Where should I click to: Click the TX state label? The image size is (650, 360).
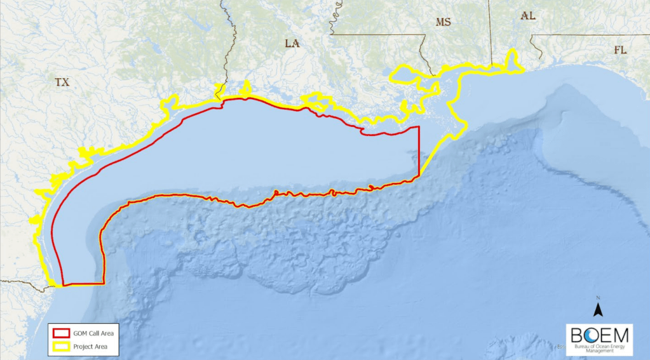tap(62, 83)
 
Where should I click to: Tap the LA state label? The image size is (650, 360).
tap(292, 44)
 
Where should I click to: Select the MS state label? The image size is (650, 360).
tap(443, 22)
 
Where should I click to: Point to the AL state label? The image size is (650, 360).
tap(527, 16)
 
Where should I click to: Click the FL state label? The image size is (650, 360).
tap(620, 50)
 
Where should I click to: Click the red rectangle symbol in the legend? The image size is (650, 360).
tap(61, 333)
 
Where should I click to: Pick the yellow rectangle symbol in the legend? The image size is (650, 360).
tap(61, 347)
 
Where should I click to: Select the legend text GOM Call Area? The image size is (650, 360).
tap(93, 333)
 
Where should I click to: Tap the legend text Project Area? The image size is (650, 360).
tap(90, 347)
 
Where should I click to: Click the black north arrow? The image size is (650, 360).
tap(597, 309)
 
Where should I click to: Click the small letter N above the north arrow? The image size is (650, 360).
tap(597, 298)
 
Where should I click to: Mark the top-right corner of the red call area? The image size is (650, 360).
tap(419, 128)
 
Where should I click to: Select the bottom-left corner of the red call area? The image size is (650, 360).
tap(62, 284)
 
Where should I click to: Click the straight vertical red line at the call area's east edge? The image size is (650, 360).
tap(419, 152)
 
